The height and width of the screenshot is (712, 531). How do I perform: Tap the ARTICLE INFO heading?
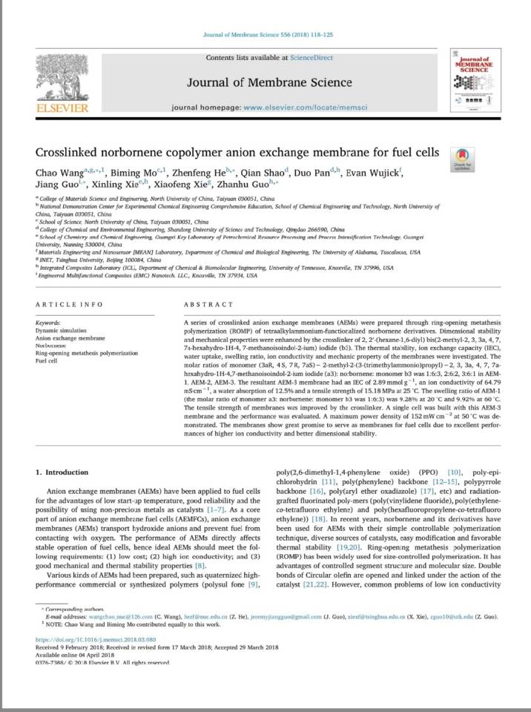69,304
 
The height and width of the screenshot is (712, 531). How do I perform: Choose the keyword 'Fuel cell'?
47,361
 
